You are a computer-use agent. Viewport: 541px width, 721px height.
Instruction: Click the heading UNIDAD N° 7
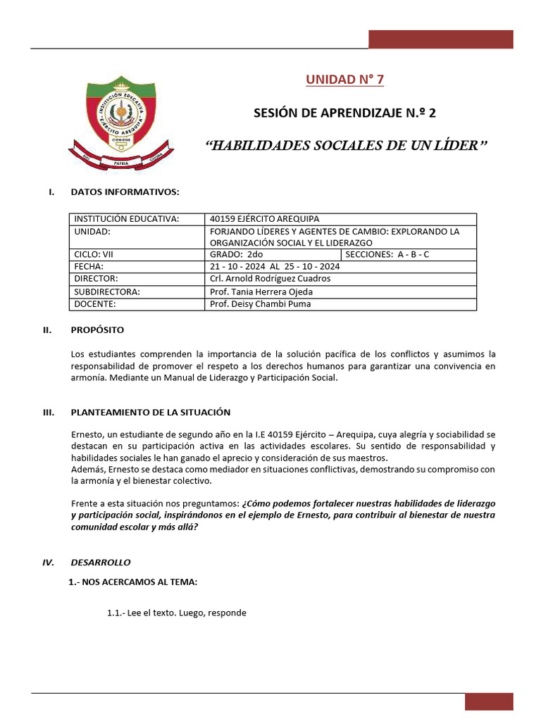pos(344,79)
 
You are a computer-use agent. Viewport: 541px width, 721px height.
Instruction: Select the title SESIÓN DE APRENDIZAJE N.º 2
pos(349,113)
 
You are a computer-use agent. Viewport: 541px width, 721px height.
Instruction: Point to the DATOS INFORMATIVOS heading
pos(125,192)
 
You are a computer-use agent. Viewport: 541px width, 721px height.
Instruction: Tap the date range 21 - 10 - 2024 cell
pos(275,267)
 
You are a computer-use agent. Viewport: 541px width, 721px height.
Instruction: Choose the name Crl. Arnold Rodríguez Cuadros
pos(270,279)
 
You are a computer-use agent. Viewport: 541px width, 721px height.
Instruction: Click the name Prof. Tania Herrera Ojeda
pos(261,291)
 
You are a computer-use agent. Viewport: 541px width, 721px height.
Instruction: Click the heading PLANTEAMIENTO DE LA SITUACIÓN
pos(150,412)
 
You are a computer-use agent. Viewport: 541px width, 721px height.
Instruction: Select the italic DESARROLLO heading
pos(100,563)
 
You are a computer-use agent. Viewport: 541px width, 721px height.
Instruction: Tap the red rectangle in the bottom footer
pos(489,701)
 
